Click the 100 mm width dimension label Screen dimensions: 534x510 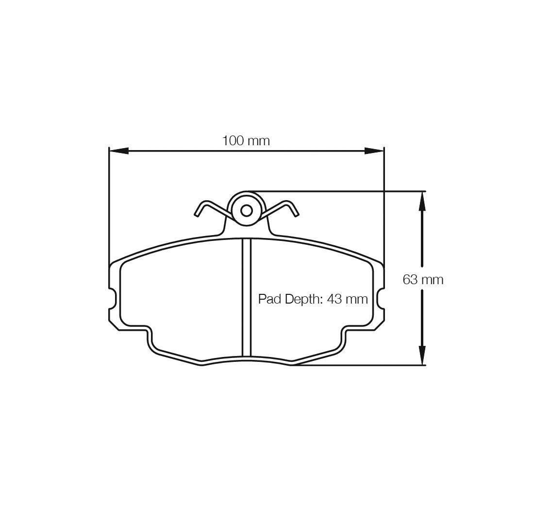246,141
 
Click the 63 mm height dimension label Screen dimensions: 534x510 423,280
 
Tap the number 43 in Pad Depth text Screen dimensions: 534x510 334,299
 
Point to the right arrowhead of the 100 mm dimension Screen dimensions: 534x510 374,151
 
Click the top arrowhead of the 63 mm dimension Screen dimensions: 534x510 422,201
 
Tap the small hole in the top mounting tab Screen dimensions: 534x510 246,211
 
